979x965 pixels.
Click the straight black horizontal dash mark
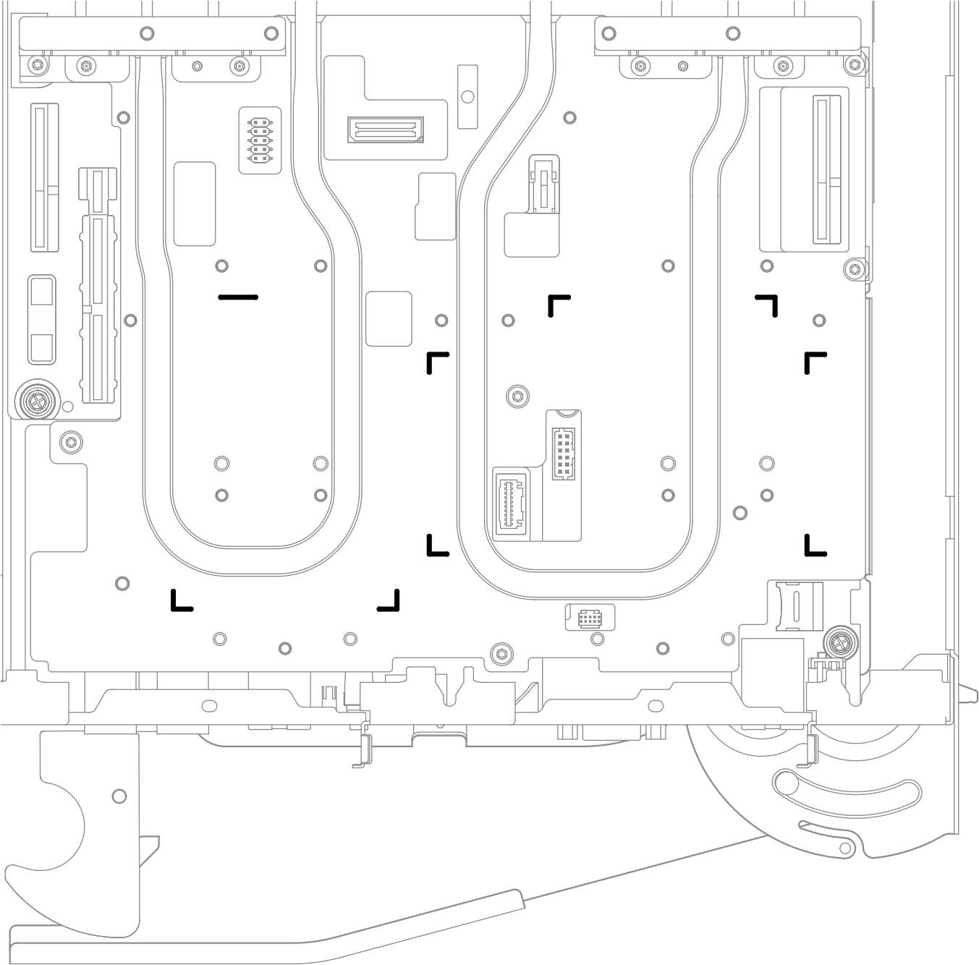pos(238,297)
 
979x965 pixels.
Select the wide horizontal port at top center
pos(385,130)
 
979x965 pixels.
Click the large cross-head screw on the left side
pos(35,399)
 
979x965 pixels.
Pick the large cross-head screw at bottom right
pos(841,642)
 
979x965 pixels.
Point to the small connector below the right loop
pos(590,618)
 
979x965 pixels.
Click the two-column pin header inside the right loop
pos(564,454)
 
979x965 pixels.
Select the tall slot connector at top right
pos(821,171)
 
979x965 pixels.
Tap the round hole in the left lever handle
pos(119,796)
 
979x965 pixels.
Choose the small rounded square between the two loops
pos(389,319)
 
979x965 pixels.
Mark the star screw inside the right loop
pos(517,396)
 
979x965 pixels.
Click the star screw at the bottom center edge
pos(499,654)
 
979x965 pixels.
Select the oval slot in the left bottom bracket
pos(209,705)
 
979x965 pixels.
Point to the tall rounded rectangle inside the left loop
pos(195,204)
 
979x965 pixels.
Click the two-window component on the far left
pos(42,319)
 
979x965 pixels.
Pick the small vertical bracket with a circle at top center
pos(468,96)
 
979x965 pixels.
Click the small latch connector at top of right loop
pos(543,184)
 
